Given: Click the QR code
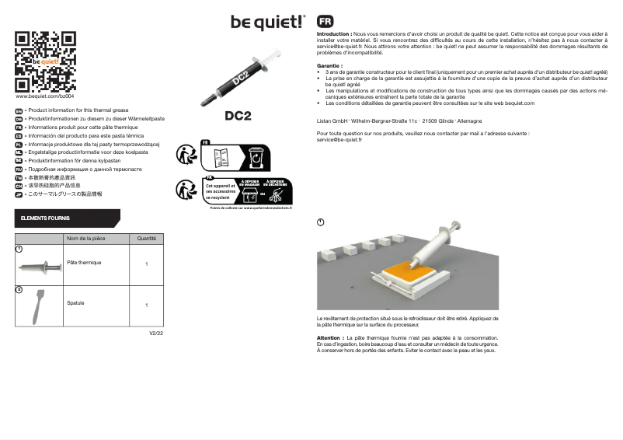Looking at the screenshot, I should pos(46,61).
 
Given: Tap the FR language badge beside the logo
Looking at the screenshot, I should pos(325,22).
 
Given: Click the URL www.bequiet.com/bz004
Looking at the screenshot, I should pos(45,96).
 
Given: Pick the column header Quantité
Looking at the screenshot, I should pos(147,239).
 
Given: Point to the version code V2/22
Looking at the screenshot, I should pos(156,333).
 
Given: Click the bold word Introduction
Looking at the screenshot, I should pos(333,35).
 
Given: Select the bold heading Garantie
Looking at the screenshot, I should pos(330,67).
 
